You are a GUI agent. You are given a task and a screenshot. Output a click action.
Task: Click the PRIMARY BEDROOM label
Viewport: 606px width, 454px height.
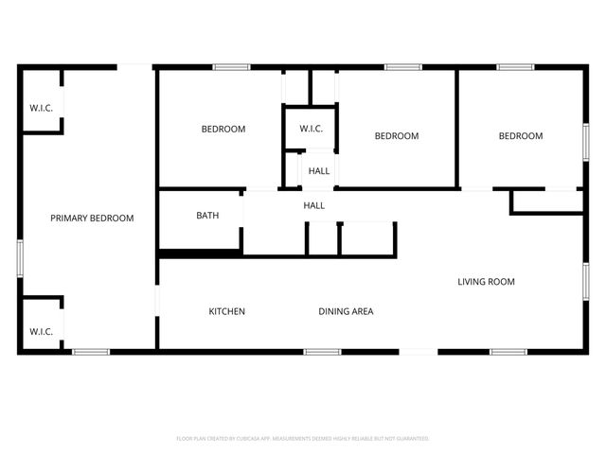pos(92,218)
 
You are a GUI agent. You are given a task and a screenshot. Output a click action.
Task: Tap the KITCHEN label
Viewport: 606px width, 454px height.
pos(227,311)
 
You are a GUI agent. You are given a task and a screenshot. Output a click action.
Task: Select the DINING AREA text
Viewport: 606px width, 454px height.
pos(346,311)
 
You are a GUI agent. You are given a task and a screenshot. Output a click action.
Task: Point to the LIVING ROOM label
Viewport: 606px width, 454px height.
pos(486,282)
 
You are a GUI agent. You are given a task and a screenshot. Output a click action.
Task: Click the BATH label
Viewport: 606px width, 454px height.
pos(207,216)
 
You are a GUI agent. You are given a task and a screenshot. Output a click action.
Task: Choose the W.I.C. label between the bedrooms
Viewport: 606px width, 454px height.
pos(312,129)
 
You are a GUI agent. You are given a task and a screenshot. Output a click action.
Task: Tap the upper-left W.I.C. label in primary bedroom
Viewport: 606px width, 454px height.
pos(41,107)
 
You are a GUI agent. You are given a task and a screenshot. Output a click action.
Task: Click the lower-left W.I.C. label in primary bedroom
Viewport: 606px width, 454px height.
pos(41,332)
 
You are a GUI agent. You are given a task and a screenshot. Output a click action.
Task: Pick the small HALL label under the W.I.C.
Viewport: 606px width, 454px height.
pos(319,171)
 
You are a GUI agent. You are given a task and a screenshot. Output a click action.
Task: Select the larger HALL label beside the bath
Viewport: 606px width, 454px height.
pos(313,205)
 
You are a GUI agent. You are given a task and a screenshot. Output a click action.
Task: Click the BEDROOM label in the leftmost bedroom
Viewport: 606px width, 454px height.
pos(223,130)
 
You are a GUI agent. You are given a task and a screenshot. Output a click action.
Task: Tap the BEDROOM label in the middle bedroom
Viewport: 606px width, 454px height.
pos(397,136)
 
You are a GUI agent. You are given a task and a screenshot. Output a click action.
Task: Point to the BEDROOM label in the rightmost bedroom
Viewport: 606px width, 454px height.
pos(521,136)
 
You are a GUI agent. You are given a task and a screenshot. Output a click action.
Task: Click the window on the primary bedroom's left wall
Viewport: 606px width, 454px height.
pos(19,257)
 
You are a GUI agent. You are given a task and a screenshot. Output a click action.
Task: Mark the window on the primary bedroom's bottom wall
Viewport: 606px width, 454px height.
pos(92,352)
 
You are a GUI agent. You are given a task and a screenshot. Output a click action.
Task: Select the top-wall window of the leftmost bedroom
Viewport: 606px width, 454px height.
pos(231,67)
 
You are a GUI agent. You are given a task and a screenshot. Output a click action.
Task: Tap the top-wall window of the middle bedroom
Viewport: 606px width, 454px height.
pos(402,67)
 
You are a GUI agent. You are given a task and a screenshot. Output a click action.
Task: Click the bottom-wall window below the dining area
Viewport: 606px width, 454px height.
pos(322,352)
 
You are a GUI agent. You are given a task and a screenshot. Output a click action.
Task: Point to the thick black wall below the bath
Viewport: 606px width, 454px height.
pos(199,253)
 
